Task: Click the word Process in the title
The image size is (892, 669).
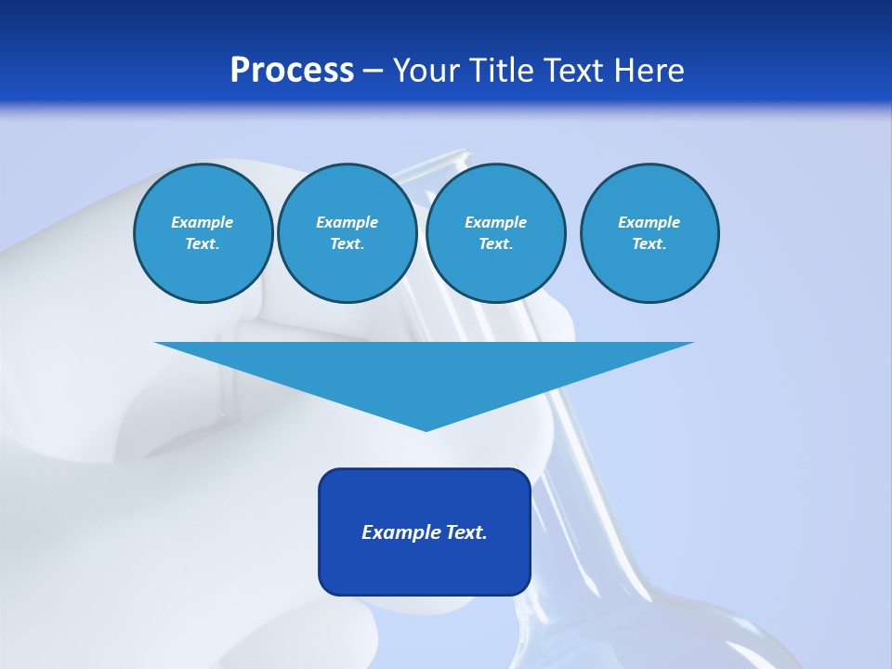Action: (x=292, y=71)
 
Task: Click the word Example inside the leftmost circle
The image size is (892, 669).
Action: (x=203, y=222)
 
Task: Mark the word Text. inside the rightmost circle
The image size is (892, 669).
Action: (x=649, y=243)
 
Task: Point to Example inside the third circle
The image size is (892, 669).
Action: (x=495, y=222)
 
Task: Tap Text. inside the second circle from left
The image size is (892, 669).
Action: (x=347, y=243)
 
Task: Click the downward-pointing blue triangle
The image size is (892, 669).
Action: (x=425, y=372)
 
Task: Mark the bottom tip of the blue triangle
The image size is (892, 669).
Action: (x=426, y=428)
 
